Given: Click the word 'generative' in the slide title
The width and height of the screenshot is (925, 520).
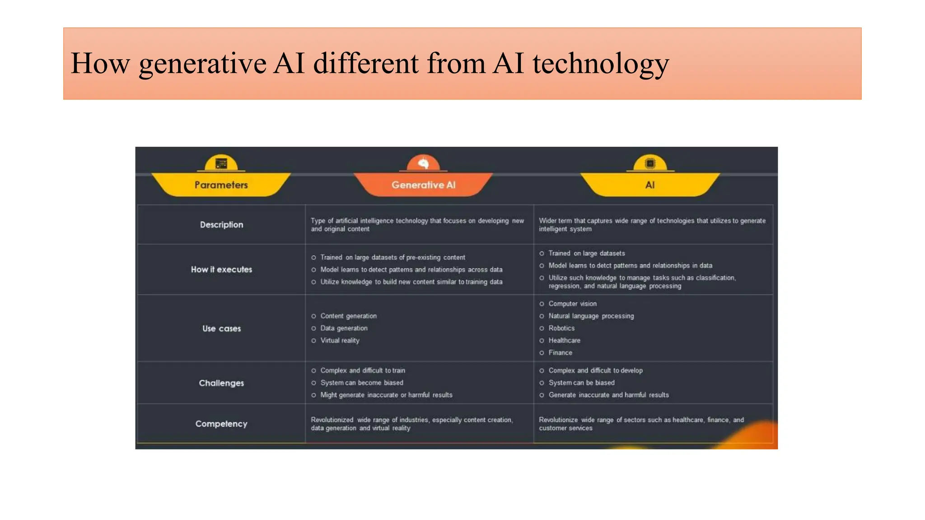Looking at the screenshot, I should click(202, 64).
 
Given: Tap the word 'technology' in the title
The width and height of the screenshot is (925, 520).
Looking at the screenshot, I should click(600, 64).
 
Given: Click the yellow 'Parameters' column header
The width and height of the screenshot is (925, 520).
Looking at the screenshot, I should click(221, 185).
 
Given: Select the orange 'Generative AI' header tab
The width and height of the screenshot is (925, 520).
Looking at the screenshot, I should click(423, 185).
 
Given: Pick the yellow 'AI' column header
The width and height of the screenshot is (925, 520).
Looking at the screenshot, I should click(650, 185).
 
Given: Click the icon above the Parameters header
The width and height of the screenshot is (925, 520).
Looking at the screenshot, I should click(221, 163).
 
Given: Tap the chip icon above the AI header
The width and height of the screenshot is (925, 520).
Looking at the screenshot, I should click(650, 163).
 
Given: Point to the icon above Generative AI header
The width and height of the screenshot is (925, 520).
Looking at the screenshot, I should click(423, 163).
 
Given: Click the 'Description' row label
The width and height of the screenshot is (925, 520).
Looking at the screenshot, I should click(221, 225).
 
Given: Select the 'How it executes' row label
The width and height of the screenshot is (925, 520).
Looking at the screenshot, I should click(221, 269).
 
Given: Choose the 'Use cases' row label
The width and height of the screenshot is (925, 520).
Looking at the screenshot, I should click(221, 329).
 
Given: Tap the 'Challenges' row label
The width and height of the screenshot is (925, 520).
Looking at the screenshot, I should click(221, 383).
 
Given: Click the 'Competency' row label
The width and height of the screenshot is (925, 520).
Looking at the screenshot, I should click(221, 424).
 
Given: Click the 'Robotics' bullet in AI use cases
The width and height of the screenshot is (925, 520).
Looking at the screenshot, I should click(561, 328).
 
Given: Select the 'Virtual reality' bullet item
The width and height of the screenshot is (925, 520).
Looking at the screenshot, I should click(340, 340).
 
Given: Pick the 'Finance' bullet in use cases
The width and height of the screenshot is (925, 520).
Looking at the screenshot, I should click(560, 353).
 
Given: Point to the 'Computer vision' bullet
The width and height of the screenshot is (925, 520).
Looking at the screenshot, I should click(572, 304).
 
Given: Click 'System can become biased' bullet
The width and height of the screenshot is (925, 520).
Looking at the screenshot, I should click(361, 383).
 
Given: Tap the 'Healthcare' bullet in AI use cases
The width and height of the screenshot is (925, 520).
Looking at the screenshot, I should click(564, 340).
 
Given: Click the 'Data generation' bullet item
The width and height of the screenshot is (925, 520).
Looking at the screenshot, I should click(344, 328).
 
